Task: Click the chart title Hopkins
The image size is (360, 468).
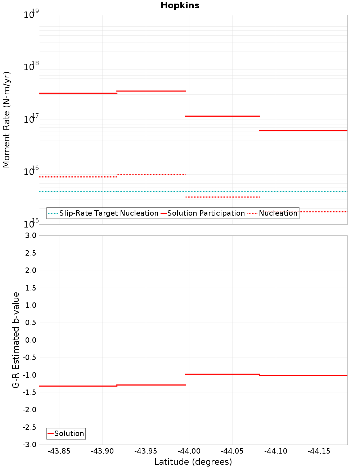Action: point(180,5)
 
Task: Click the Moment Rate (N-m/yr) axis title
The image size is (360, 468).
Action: point(6,120)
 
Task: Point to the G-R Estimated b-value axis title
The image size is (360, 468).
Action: point(16,340)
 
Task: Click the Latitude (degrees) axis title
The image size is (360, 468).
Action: point(193,462)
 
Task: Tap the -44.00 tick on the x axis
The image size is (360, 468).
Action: point(189,451)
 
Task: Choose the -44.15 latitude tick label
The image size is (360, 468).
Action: point(319,451)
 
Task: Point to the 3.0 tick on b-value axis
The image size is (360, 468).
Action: point(30,235)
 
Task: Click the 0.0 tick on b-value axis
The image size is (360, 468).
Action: point(30,340)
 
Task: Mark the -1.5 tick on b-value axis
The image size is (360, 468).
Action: point(29,392)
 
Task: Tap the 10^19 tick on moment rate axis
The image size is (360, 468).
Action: point(31,14)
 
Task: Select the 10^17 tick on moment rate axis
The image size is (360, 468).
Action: point(31,119)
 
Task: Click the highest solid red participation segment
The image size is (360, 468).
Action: point(151,91)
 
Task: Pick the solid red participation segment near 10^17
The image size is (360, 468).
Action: point(222,116)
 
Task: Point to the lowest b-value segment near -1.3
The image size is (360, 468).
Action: point(78,386)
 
